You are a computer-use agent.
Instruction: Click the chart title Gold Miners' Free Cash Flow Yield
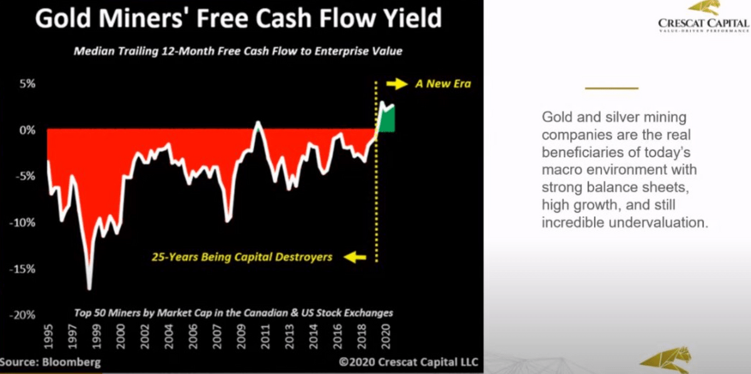(238, 18)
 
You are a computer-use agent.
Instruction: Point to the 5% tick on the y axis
(27, 83)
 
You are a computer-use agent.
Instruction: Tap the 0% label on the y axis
(27, 130)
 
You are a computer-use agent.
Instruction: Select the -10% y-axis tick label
(23, 223)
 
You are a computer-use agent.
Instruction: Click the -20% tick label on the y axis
(23, 315)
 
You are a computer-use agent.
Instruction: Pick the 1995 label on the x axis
(48, 336)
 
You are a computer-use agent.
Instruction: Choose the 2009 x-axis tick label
(241, 336)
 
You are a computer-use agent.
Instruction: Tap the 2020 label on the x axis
(386, 336)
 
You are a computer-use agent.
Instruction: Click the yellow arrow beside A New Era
(397, 84)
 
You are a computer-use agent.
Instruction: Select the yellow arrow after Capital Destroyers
(355, 258)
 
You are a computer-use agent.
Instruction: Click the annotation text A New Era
(443, 84)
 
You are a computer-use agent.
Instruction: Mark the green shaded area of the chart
(387, 119)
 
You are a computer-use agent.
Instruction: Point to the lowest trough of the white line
(89, 288)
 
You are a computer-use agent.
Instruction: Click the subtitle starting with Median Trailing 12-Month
(238, 51)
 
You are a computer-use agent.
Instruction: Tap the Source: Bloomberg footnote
(50, 362)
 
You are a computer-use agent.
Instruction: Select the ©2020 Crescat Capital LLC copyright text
(408, 362)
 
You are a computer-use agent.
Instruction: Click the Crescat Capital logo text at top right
(703, 24)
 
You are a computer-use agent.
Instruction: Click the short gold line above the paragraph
(611, 88)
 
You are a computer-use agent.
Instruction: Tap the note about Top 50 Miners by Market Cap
(233, 313)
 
